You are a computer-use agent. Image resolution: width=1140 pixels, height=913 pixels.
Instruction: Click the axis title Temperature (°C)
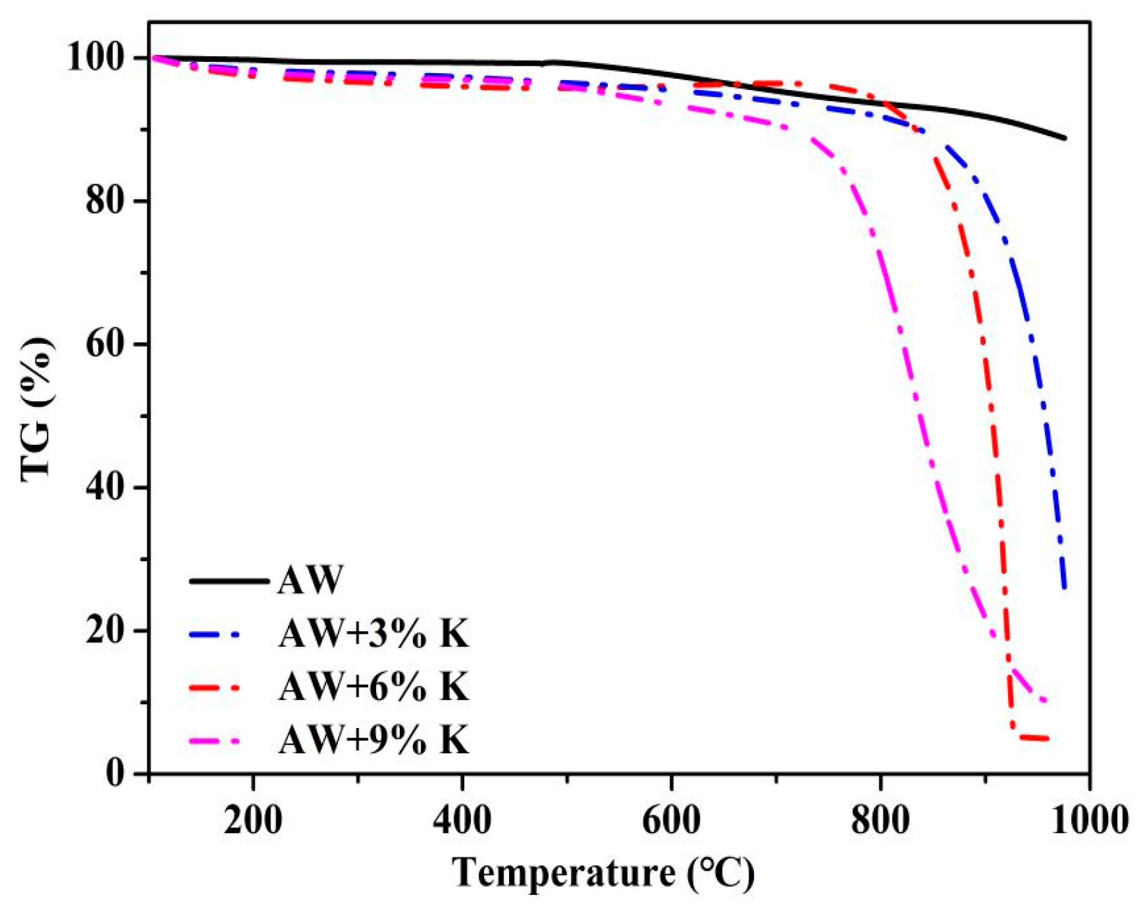[603, 873]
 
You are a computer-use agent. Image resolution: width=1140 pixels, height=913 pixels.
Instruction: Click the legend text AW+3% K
[374, 634]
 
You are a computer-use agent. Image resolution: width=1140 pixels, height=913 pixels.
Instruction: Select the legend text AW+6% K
[374, 687]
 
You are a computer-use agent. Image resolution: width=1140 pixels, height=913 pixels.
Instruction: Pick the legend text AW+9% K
[374, 741]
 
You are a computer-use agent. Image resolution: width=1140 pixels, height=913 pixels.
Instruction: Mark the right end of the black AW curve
[1064, 138]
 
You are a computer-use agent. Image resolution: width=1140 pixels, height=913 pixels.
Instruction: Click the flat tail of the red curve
[1034, 738]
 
